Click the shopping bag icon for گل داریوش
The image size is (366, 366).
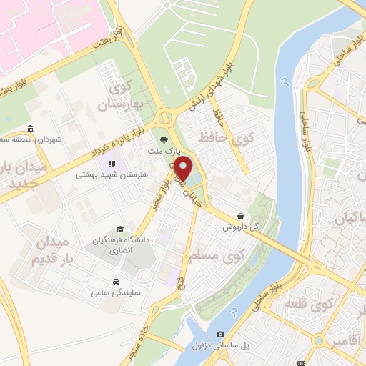240,215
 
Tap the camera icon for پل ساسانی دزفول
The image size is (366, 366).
220,334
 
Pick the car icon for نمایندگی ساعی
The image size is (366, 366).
117,281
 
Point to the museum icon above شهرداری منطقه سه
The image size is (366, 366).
29,129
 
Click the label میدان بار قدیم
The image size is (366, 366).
53,251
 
